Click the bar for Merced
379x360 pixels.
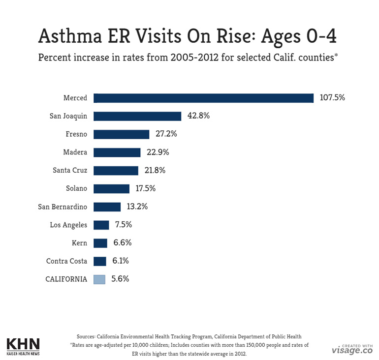tap(203, 98)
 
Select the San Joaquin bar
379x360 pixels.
tap(137, 116)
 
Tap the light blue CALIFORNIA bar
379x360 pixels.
tap(99, 279)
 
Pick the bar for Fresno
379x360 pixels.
tap(121, 134)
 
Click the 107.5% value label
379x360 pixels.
tap(332, 97)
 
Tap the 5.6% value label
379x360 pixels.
tap(120, 278)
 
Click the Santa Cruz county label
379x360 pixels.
tap(70, 171)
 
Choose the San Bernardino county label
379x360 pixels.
tap(63, 207)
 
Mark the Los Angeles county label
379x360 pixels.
tap(68, 225)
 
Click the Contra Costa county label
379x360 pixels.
tap(66, 261)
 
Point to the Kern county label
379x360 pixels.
tap(79, 243)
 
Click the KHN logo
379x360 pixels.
tap(23, 345)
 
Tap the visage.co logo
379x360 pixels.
tap(352, 350)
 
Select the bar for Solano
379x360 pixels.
tap(111, 188)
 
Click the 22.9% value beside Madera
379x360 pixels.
tap(157, 152)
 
